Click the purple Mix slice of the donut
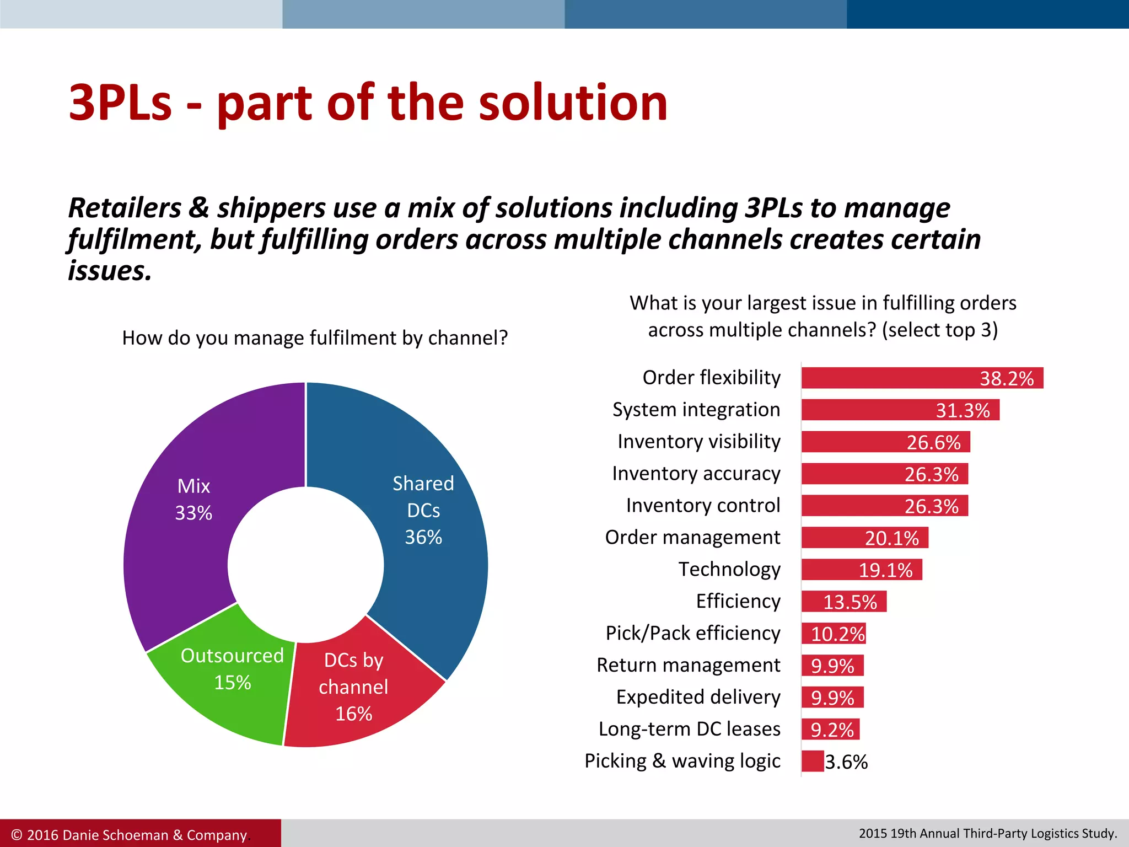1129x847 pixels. click(x=182, y=529)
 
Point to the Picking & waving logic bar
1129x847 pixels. click(x=813, y=762)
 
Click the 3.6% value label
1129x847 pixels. click(x=846, y=762)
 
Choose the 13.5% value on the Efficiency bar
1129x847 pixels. click(x=850, y=602)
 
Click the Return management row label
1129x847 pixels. click(x=688, y=665)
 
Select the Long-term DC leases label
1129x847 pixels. click(x=689, y=729)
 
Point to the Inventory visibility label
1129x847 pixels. click(x=698, y=442)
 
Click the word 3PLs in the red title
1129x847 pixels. click(x=120, y=103)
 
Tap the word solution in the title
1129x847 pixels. click(x=573, y=103)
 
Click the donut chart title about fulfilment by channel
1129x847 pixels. click(x=315, y=338)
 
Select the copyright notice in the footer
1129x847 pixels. click(x=129, y=835)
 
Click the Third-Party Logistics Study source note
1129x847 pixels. click(x=987, y=833)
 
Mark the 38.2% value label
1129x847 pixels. click(x=1006, y=379)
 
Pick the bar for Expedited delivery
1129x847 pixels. click(x=832, y=698)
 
